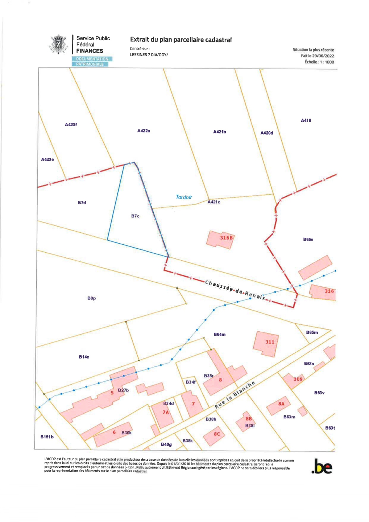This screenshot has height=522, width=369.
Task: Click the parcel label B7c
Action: point(135,216)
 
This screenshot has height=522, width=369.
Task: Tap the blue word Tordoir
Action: point(184,197)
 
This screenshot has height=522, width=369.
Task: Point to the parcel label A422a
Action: point(144,131)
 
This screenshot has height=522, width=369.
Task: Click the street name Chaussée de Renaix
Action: point(235,290)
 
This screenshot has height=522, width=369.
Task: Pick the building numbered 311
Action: point(266,343)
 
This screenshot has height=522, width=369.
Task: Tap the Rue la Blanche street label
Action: point(235,395)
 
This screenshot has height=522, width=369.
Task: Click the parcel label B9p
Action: point(92,298)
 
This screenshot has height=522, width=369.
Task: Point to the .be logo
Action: point(322,467)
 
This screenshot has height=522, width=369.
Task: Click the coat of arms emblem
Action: point(58,45)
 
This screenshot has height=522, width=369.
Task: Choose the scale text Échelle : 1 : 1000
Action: point(319,62)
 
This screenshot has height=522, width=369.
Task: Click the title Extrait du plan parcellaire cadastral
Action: point(181,40)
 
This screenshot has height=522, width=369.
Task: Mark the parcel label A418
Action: point(306,121)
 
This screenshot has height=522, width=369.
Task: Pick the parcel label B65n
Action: point(308,240)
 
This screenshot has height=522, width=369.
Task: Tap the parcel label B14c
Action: point(84,357)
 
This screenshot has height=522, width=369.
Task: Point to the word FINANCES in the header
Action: point(90,51)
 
